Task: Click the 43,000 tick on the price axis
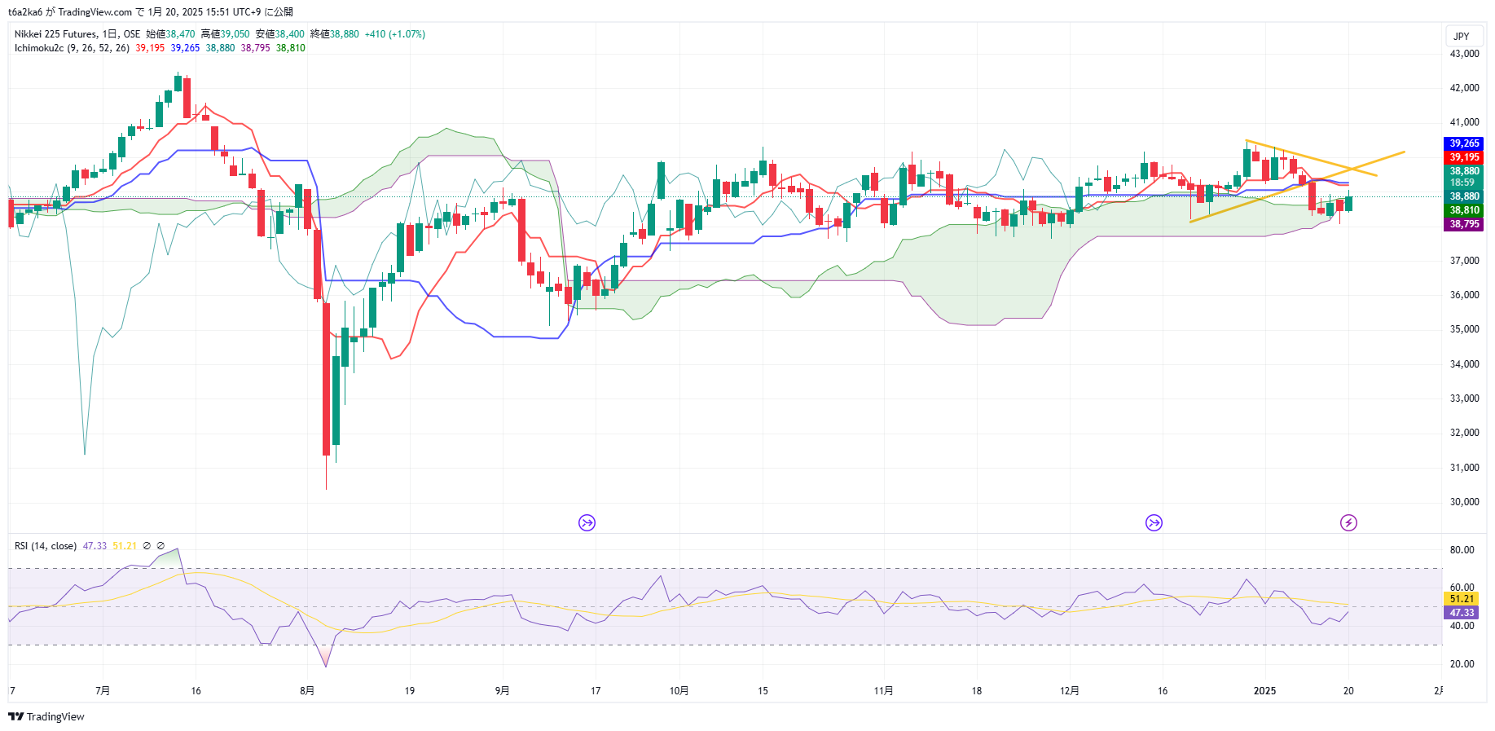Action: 1464,54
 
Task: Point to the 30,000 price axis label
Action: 1464,502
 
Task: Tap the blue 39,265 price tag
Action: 1464,143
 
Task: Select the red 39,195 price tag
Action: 1464,157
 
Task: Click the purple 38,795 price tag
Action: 1464,224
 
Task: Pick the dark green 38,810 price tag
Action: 1464,210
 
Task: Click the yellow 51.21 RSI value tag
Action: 1462,599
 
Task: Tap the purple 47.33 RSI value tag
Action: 1462,613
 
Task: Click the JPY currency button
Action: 1462,37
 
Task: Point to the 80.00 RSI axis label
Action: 1462,550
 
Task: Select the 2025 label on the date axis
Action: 1264,691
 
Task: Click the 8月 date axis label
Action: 307,691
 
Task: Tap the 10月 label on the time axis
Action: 679,691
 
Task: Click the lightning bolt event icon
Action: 1348,523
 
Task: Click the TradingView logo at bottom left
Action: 46,717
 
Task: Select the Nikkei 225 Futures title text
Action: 55,34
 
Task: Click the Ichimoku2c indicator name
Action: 39,48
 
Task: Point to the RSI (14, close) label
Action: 46,546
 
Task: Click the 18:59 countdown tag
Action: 1464,183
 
